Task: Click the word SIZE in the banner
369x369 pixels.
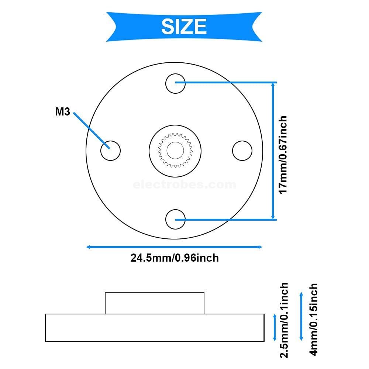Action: (184, 27)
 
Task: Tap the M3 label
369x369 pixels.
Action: (62, 112)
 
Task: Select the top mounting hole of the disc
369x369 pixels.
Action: (175, 83)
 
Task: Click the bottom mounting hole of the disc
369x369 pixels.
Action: (175, 220)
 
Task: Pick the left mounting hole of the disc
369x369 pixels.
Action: (110, 151)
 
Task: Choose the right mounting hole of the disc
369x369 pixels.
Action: (242, 151)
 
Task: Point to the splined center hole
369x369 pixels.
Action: (175, 150)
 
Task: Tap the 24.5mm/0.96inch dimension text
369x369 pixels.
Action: (175, 258)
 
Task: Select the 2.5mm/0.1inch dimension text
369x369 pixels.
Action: (284, 320)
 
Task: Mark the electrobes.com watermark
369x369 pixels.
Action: (184, 184)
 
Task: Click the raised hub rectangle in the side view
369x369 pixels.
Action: (155, 303)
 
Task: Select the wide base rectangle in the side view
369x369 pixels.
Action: (155, 328)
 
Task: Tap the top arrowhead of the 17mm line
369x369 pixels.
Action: (273, 85)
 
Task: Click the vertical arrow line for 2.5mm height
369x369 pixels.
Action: (274, 327)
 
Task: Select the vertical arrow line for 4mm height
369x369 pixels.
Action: (301, 316)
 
